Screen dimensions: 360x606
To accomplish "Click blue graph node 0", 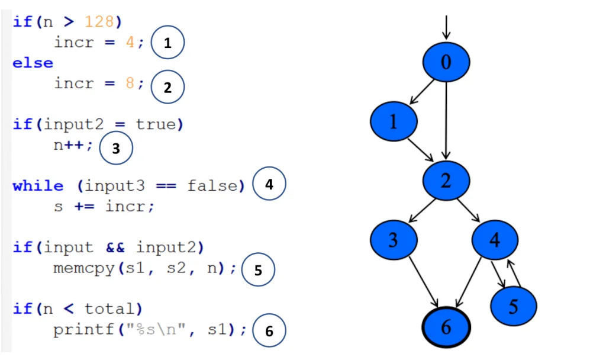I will pos(446,62).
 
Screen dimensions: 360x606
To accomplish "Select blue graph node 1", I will pos(394,121).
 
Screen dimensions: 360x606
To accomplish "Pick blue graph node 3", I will pos(394,239).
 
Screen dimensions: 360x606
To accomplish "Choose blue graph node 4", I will pos(495,239).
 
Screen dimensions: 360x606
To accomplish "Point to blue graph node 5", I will pos(513,306).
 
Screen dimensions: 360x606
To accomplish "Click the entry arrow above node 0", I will pos(446,27).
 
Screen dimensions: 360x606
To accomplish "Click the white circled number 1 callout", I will pos(167,43).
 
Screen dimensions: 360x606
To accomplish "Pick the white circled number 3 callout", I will pos(115,149).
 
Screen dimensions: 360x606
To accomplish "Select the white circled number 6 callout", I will pos(269,331).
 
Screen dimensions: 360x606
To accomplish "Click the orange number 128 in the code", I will pos(99,22).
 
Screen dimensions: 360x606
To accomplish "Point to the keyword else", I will pos(33,63).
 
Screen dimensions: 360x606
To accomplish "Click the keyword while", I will pos(38,186).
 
